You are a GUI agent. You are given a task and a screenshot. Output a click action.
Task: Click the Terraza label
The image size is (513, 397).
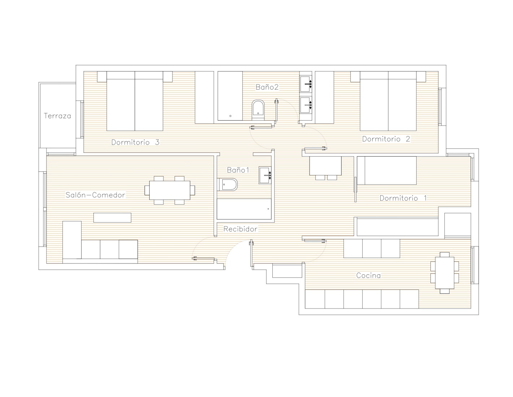57,116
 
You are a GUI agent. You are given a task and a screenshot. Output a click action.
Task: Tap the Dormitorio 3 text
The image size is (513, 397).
135,142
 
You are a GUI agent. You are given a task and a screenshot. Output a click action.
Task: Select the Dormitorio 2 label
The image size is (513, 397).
386,139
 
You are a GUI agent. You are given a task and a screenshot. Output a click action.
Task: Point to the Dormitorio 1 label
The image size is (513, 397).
403,198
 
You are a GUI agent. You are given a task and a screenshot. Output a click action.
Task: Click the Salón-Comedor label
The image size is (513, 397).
95,195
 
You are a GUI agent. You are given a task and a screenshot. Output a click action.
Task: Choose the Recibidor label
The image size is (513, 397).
240,229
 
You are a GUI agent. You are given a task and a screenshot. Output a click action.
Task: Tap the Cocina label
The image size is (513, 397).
368,275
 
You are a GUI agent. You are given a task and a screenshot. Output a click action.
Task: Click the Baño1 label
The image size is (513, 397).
238,170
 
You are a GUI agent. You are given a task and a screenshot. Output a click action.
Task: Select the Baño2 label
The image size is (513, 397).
267,87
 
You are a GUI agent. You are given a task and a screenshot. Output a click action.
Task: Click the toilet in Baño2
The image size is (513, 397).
258,110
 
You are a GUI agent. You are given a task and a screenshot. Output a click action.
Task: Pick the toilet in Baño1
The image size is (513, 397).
227,184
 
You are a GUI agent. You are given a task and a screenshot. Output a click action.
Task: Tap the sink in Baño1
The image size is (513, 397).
265,175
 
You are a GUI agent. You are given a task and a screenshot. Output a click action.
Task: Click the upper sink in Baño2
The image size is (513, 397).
306,83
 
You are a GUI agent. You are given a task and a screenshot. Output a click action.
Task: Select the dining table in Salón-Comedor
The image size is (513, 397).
170,190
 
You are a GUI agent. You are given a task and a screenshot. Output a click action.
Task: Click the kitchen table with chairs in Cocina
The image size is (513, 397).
444,273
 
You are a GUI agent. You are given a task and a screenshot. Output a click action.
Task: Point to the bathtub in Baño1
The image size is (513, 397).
244,209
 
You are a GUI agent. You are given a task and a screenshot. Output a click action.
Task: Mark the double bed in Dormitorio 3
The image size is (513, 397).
135,101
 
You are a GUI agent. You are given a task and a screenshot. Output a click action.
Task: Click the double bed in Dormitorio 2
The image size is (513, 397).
388,101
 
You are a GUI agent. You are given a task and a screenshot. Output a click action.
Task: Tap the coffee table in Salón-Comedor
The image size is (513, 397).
112,218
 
